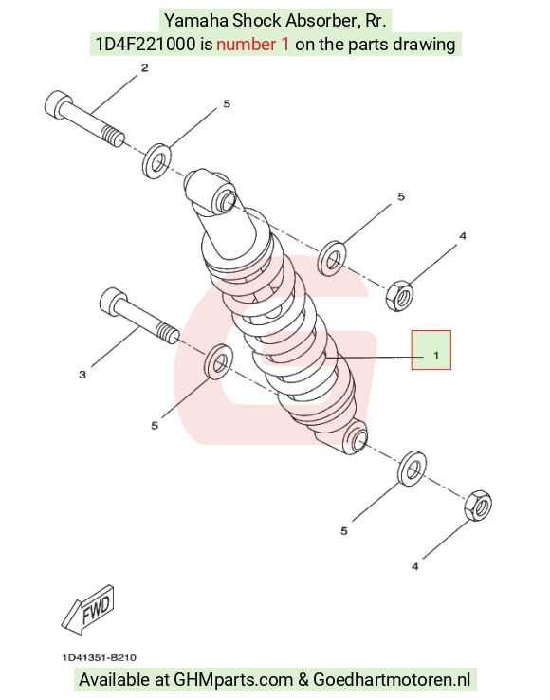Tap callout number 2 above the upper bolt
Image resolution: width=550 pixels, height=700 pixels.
point(145,68)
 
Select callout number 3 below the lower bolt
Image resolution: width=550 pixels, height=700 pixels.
point(82,375)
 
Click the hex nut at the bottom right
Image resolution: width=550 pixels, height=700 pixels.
point(478,506)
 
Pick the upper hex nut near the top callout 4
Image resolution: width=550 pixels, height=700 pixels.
point(399,296)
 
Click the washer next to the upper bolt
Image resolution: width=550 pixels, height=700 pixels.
point(156,160)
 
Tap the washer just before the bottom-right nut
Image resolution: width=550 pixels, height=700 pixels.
point(412,469)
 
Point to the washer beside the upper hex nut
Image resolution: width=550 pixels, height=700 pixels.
point(331,259)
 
